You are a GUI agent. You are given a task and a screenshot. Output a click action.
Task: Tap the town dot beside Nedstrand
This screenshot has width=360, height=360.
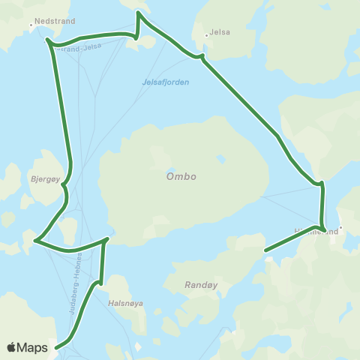pos(31,25)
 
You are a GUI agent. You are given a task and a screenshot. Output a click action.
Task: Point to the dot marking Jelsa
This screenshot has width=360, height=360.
pos(206,34)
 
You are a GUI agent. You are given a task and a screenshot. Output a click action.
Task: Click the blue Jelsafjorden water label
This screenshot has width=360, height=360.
pos(164,82)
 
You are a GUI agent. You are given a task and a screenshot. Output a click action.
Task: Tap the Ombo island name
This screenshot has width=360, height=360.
pos(181,176)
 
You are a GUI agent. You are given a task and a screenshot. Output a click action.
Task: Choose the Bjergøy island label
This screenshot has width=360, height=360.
pos(46,180)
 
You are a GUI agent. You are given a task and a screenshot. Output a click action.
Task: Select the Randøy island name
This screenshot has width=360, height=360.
pos(199,285)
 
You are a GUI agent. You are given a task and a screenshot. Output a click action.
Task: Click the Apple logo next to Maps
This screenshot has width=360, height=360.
pos(12,347)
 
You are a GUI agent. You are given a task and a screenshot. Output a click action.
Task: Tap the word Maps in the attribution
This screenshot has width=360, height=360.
pos(34,347)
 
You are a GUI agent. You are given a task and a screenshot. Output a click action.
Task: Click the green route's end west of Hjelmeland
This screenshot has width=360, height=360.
pos(266,250)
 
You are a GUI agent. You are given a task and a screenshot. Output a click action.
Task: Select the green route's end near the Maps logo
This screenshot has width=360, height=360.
pos(56,346)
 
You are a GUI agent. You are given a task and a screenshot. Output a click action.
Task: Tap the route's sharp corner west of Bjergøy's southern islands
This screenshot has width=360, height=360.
pos(34,241)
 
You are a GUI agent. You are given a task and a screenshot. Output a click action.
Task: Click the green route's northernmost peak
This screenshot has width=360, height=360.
pos(137,12)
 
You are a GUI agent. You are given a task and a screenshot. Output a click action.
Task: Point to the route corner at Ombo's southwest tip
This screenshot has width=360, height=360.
pos(107,239)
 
